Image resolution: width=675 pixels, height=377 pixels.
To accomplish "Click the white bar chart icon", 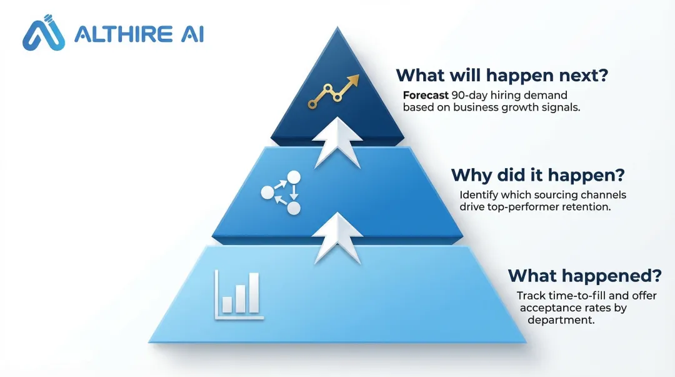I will click(x=239, y=294).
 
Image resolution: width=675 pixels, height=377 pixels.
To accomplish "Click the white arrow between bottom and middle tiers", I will click(x=337, y=237).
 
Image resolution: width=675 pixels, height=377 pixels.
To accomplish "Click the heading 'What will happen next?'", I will click(x=502, y=76).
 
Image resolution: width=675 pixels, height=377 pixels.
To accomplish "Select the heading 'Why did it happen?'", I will click(x=538, y=174).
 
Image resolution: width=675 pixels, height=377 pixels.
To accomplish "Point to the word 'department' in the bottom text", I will click(x=560, y=320).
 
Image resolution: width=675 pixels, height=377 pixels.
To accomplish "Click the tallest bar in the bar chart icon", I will click(x=253, y=293).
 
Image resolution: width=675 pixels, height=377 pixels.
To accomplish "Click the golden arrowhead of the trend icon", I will click(x=354, y=80).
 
